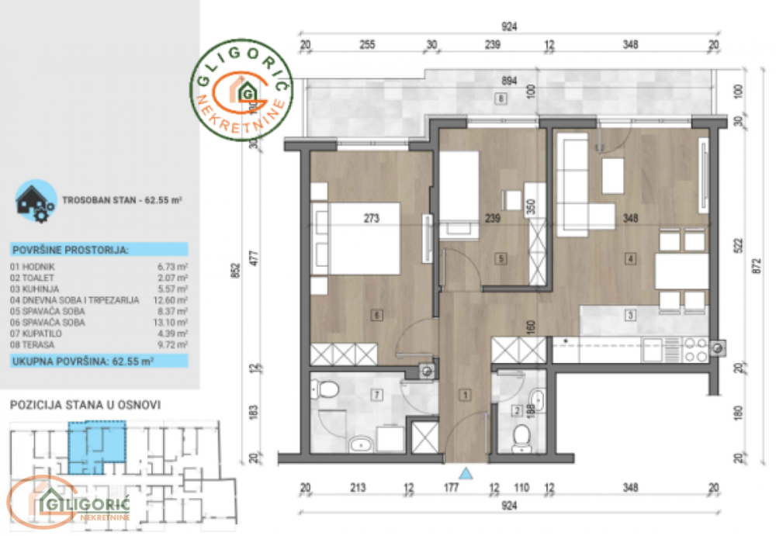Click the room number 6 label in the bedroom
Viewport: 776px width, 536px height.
[376, 315]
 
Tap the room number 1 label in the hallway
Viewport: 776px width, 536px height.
[465, 396]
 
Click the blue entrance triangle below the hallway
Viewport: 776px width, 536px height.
[466, 472]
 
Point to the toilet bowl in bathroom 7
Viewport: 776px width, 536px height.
[326, 388]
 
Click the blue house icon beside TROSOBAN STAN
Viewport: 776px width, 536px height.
[36, 200]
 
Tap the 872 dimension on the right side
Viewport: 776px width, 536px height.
[757, 265]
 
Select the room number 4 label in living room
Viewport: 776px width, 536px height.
[632, 258]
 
